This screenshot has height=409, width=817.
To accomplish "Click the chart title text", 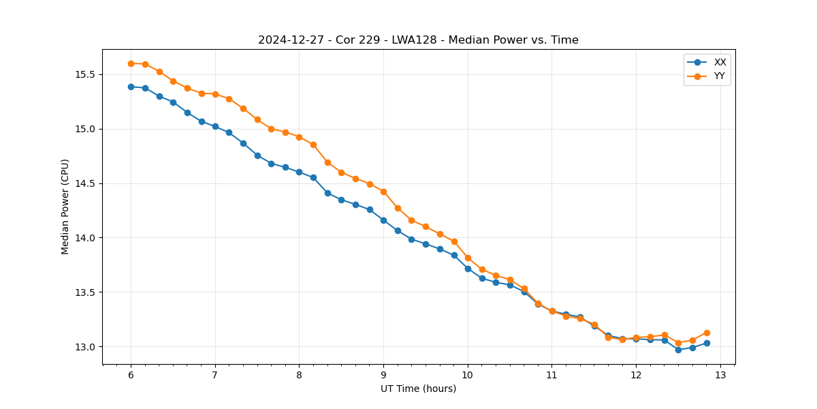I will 418,40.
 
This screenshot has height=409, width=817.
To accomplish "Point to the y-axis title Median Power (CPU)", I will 65,207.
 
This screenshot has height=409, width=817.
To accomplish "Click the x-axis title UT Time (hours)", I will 418,389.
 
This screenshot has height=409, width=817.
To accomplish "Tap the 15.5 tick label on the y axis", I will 83,74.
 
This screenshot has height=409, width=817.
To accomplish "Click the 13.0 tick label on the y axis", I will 83,347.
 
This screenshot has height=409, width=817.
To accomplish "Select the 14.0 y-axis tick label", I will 83,238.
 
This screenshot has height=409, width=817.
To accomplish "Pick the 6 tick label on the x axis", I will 131,376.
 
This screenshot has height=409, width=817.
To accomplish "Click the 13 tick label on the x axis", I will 720,376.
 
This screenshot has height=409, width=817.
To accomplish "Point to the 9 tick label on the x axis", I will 383,376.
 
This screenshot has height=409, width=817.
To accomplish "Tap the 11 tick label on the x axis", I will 551,376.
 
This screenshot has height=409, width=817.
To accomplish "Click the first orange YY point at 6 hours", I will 131,63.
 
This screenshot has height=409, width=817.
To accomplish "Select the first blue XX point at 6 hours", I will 131,87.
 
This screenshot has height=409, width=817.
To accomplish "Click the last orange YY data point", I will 707,333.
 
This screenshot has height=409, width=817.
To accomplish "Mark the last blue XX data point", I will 707,343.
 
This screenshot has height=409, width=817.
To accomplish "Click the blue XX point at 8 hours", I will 299,172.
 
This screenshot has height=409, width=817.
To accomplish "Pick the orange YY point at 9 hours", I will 383,192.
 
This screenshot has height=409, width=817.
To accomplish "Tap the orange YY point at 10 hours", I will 468,258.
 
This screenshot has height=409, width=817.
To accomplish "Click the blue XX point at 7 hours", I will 215,126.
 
